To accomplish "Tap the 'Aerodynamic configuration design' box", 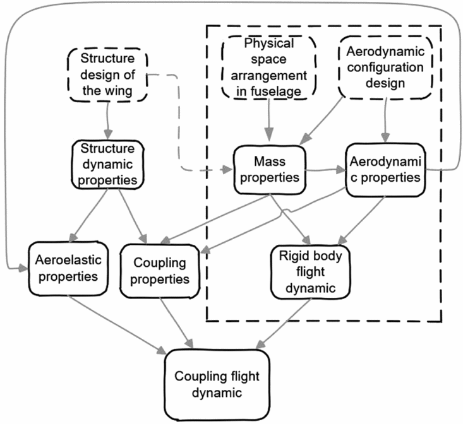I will tap(385, 68).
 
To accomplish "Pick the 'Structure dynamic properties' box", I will tap(107, 165).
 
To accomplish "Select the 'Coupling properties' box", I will tap(163, 269).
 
